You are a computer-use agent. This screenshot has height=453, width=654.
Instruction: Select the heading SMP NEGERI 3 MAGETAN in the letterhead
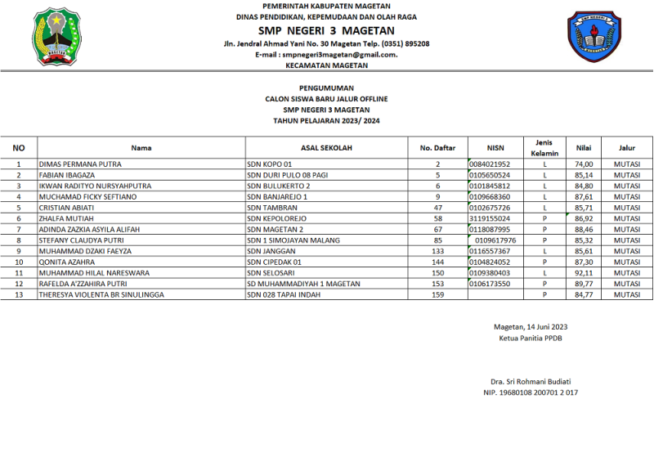tap(326, 30)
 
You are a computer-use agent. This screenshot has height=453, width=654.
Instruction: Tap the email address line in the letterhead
tap(326, 54)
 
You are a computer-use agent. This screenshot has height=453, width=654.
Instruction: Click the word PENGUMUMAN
tap(326, 86)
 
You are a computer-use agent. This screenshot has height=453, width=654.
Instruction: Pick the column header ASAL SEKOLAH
tap(326, 148)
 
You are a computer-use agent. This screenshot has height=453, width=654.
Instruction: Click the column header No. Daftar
tap(437, 148)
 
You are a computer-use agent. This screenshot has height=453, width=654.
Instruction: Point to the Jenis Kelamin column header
tap(544, 148)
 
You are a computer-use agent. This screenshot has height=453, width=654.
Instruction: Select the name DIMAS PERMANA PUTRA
tap(80, 164)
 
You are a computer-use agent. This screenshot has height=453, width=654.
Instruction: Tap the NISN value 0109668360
tap(490, 196)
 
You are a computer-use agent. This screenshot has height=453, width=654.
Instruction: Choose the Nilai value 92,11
tap(583, 272)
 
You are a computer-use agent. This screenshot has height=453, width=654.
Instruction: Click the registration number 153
tap(437, 283)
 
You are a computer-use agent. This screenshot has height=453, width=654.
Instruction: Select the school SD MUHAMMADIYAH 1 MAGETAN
tap(303, 283)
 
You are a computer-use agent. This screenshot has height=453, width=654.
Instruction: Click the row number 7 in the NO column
tap(19, 229)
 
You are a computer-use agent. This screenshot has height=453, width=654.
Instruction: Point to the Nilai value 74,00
tap(583, 164)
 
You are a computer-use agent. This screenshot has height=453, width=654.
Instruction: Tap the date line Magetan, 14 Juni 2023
tap(531, 327)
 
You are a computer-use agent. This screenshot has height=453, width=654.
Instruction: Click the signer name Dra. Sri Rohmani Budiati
tap(531, 382)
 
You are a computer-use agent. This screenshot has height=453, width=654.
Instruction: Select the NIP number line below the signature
tap(531, 392)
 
